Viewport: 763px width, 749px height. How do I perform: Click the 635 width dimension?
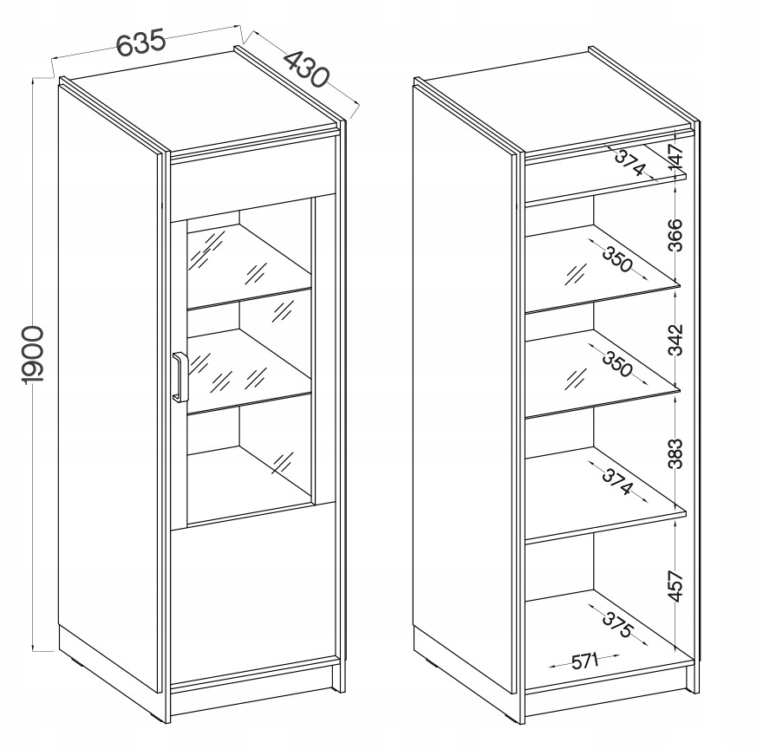tap(141, 42)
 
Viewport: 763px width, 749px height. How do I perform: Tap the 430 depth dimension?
tap(306, 69)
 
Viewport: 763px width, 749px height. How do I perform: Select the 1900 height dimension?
tap(34, 355)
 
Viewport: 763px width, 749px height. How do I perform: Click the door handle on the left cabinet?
tap(179, 377)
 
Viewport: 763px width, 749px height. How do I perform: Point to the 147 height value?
tap(676, 158)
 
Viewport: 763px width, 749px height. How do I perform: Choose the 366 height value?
tap(676, 235)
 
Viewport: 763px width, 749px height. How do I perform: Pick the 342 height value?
tap(676, 339)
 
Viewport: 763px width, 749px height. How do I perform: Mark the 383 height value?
tap(676, 453)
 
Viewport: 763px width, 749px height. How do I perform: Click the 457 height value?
tap(676, 587)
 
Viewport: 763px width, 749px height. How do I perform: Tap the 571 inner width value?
tap(584, 661)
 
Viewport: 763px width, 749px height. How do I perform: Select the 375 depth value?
tap(617, 624)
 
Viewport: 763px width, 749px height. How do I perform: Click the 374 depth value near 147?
tap(629, 162)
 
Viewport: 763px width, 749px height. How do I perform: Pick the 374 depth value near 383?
tap(617, 481)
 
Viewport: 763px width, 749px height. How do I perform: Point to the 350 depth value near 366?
tap(617, 258)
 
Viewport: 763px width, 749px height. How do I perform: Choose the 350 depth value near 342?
tap(617, 363)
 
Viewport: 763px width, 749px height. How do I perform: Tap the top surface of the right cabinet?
tap(559, 102)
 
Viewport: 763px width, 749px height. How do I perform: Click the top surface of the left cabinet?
tap(205, 101)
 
